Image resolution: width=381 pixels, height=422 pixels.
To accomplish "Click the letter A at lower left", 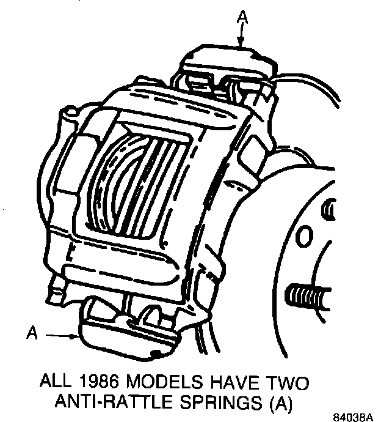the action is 33,333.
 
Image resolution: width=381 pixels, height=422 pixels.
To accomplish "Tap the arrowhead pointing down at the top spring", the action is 242,43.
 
